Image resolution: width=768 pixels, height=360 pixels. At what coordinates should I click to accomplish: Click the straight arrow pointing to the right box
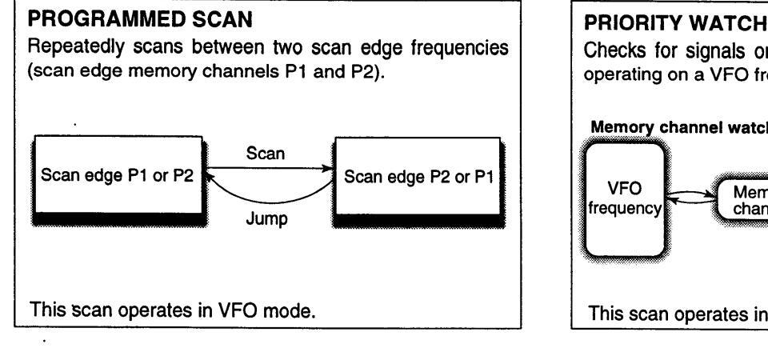click(267, 167)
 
